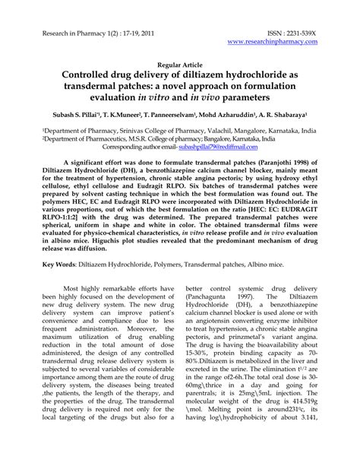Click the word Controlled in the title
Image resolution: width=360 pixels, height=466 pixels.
click(x=89, y=78)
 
